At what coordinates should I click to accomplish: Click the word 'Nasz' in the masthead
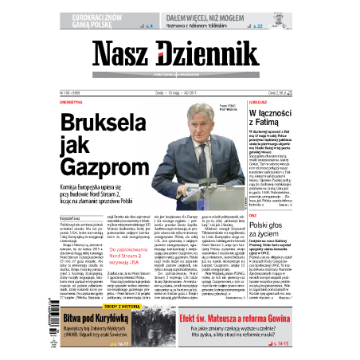[121, 55]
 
